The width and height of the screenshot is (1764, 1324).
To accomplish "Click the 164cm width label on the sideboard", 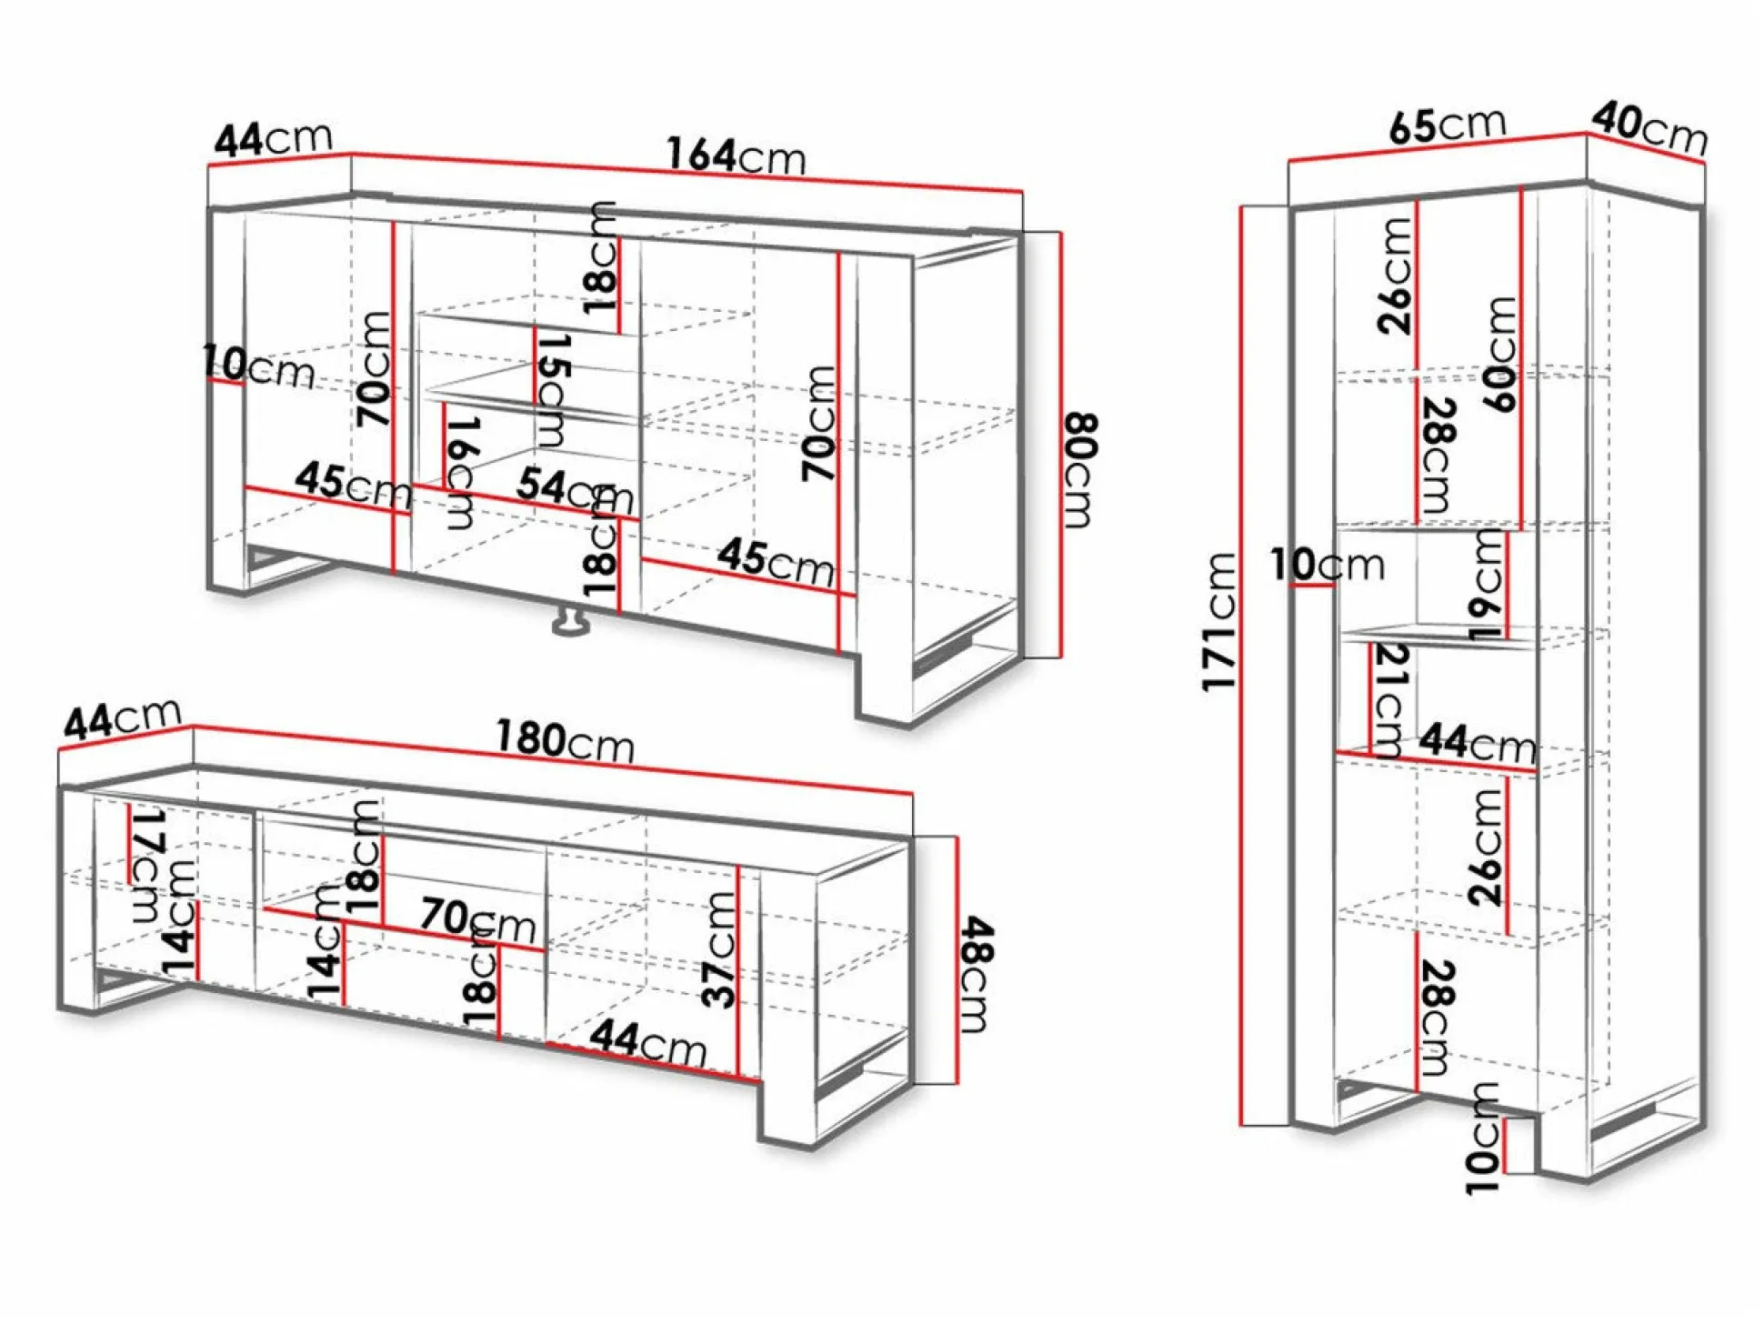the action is click(x=737, y=155).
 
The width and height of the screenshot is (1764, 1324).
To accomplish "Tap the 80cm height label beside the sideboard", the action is click(x=1079, y=470).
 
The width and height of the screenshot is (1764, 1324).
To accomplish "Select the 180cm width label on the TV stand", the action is click(x=565, y=741).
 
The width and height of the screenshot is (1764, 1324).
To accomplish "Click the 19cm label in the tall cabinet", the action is click(x=1487, y=585).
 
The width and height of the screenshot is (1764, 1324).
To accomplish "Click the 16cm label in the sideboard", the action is click(x=461, y=473).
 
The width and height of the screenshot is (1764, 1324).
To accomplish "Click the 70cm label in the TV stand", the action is click(x=478, y=919).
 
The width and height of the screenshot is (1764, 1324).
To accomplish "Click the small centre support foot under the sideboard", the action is click(x=570, y=622).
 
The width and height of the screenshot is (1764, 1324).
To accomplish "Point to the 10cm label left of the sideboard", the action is click(x=258, y=366).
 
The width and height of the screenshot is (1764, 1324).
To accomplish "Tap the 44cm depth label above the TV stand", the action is click(x=123, y=718).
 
